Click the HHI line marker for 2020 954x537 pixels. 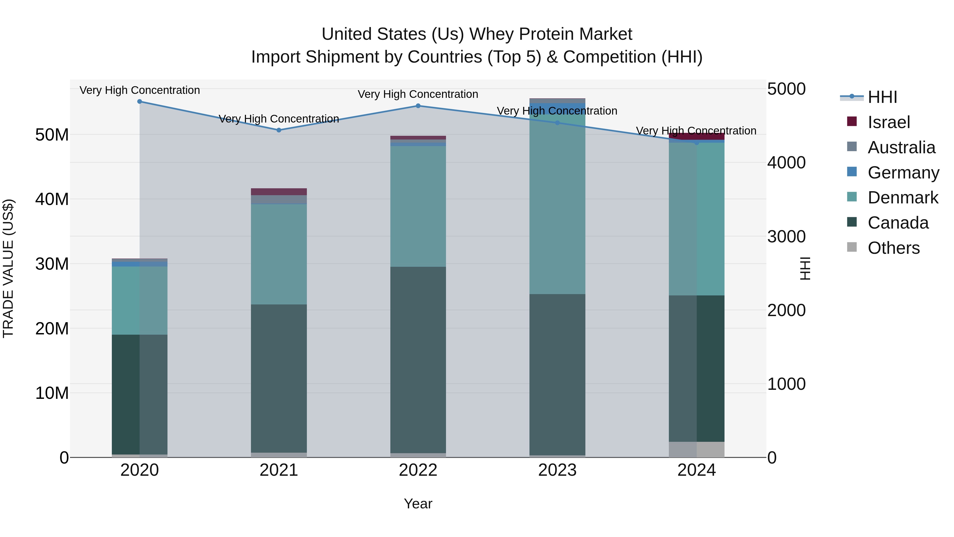click(x=140, y=102)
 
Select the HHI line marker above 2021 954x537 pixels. click(x=279, y=130)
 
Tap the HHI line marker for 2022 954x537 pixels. click(x=418, y=106)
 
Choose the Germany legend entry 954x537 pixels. click(x=903, y=173)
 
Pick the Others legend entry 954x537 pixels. click(x=893, y=248)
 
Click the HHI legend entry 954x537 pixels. click(x=882, y=97)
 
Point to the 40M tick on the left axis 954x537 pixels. click(x=52, y=199)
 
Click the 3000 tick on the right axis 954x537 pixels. click(x=786, y=237)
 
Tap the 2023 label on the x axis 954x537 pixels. click(x=557, y=470)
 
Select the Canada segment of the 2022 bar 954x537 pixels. click(x=418, y=360)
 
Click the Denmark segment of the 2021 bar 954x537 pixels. click(x=279, y=254)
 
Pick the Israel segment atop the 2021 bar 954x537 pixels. click(x=279, y=192)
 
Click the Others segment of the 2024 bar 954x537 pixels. click(x=697, y=449)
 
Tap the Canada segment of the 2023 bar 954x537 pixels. click(x=557, y=374)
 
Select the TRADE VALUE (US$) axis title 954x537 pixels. click(x=8, y=268)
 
